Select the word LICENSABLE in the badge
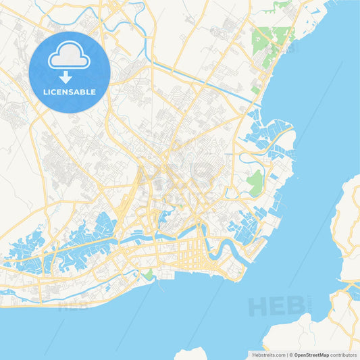pos(70,91)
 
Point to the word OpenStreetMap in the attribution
pos(311,355)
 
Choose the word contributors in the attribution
pos(344,355)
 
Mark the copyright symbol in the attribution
pos(290,355)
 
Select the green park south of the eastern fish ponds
pos(255,181)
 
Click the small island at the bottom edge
pos(191,354)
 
